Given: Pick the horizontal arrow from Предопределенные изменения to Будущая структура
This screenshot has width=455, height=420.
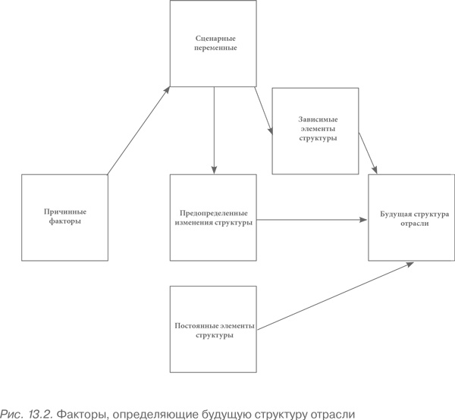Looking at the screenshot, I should point(311,221).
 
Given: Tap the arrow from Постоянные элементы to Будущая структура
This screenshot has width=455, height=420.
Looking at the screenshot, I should point(334,295).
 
